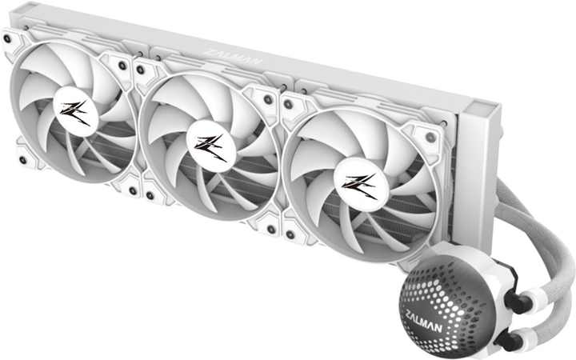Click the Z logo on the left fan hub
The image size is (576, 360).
[x=75, y=112]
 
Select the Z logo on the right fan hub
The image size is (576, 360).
[x=359, y=186]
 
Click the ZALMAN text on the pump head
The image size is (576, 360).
[x=424, y=321]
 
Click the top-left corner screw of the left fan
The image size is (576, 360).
[x=9, y=38]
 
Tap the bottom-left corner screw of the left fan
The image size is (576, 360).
[x=22, y=160]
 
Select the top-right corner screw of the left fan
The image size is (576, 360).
[x=122, y=66]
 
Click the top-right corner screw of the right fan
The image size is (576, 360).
[x=430, y=138]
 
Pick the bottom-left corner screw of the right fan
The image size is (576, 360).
[x=290, y=234]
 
